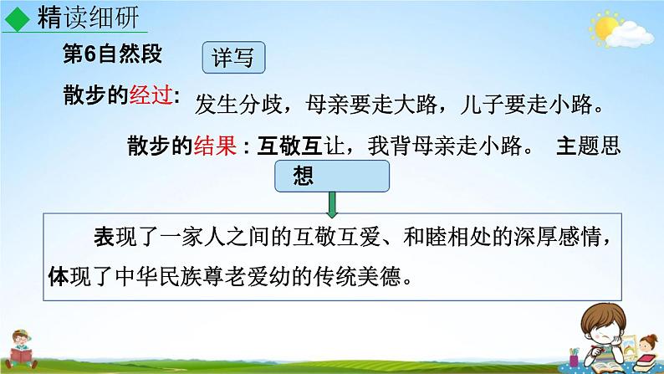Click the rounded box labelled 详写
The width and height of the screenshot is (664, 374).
pyautogui.click(x=233, y=59)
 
